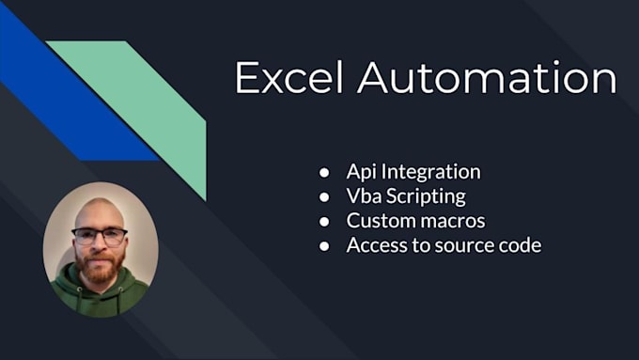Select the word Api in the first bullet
click(x=361, y=172)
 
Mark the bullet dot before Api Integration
click(x=324, y=173)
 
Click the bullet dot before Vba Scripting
click(x=324, y=197)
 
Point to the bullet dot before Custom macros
click(x=324, y=222)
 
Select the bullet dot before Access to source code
click(x=324, y=246)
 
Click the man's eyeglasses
click(x=99, y=236)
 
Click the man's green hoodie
click(x=99, y=296)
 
